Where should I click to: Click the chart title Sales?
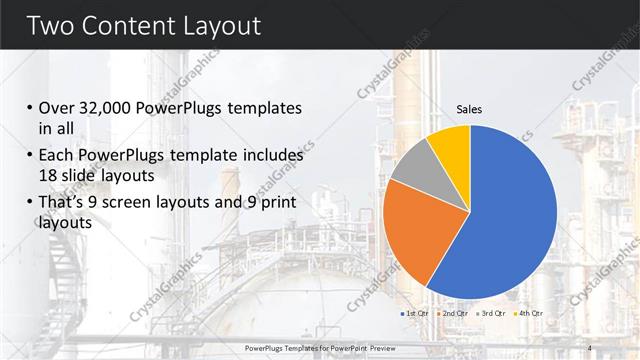tap(469, 108)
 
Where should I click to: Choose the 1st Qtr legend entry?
tap(413, 314)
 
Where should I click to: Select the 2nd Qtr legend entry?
tap(452, 314)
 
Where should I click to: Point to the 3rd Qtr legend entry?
tap(491, 314)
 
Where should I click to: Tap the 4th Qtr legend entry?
tap(527, 314)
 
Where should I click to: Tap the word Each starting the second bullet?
tap(56, 156)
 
